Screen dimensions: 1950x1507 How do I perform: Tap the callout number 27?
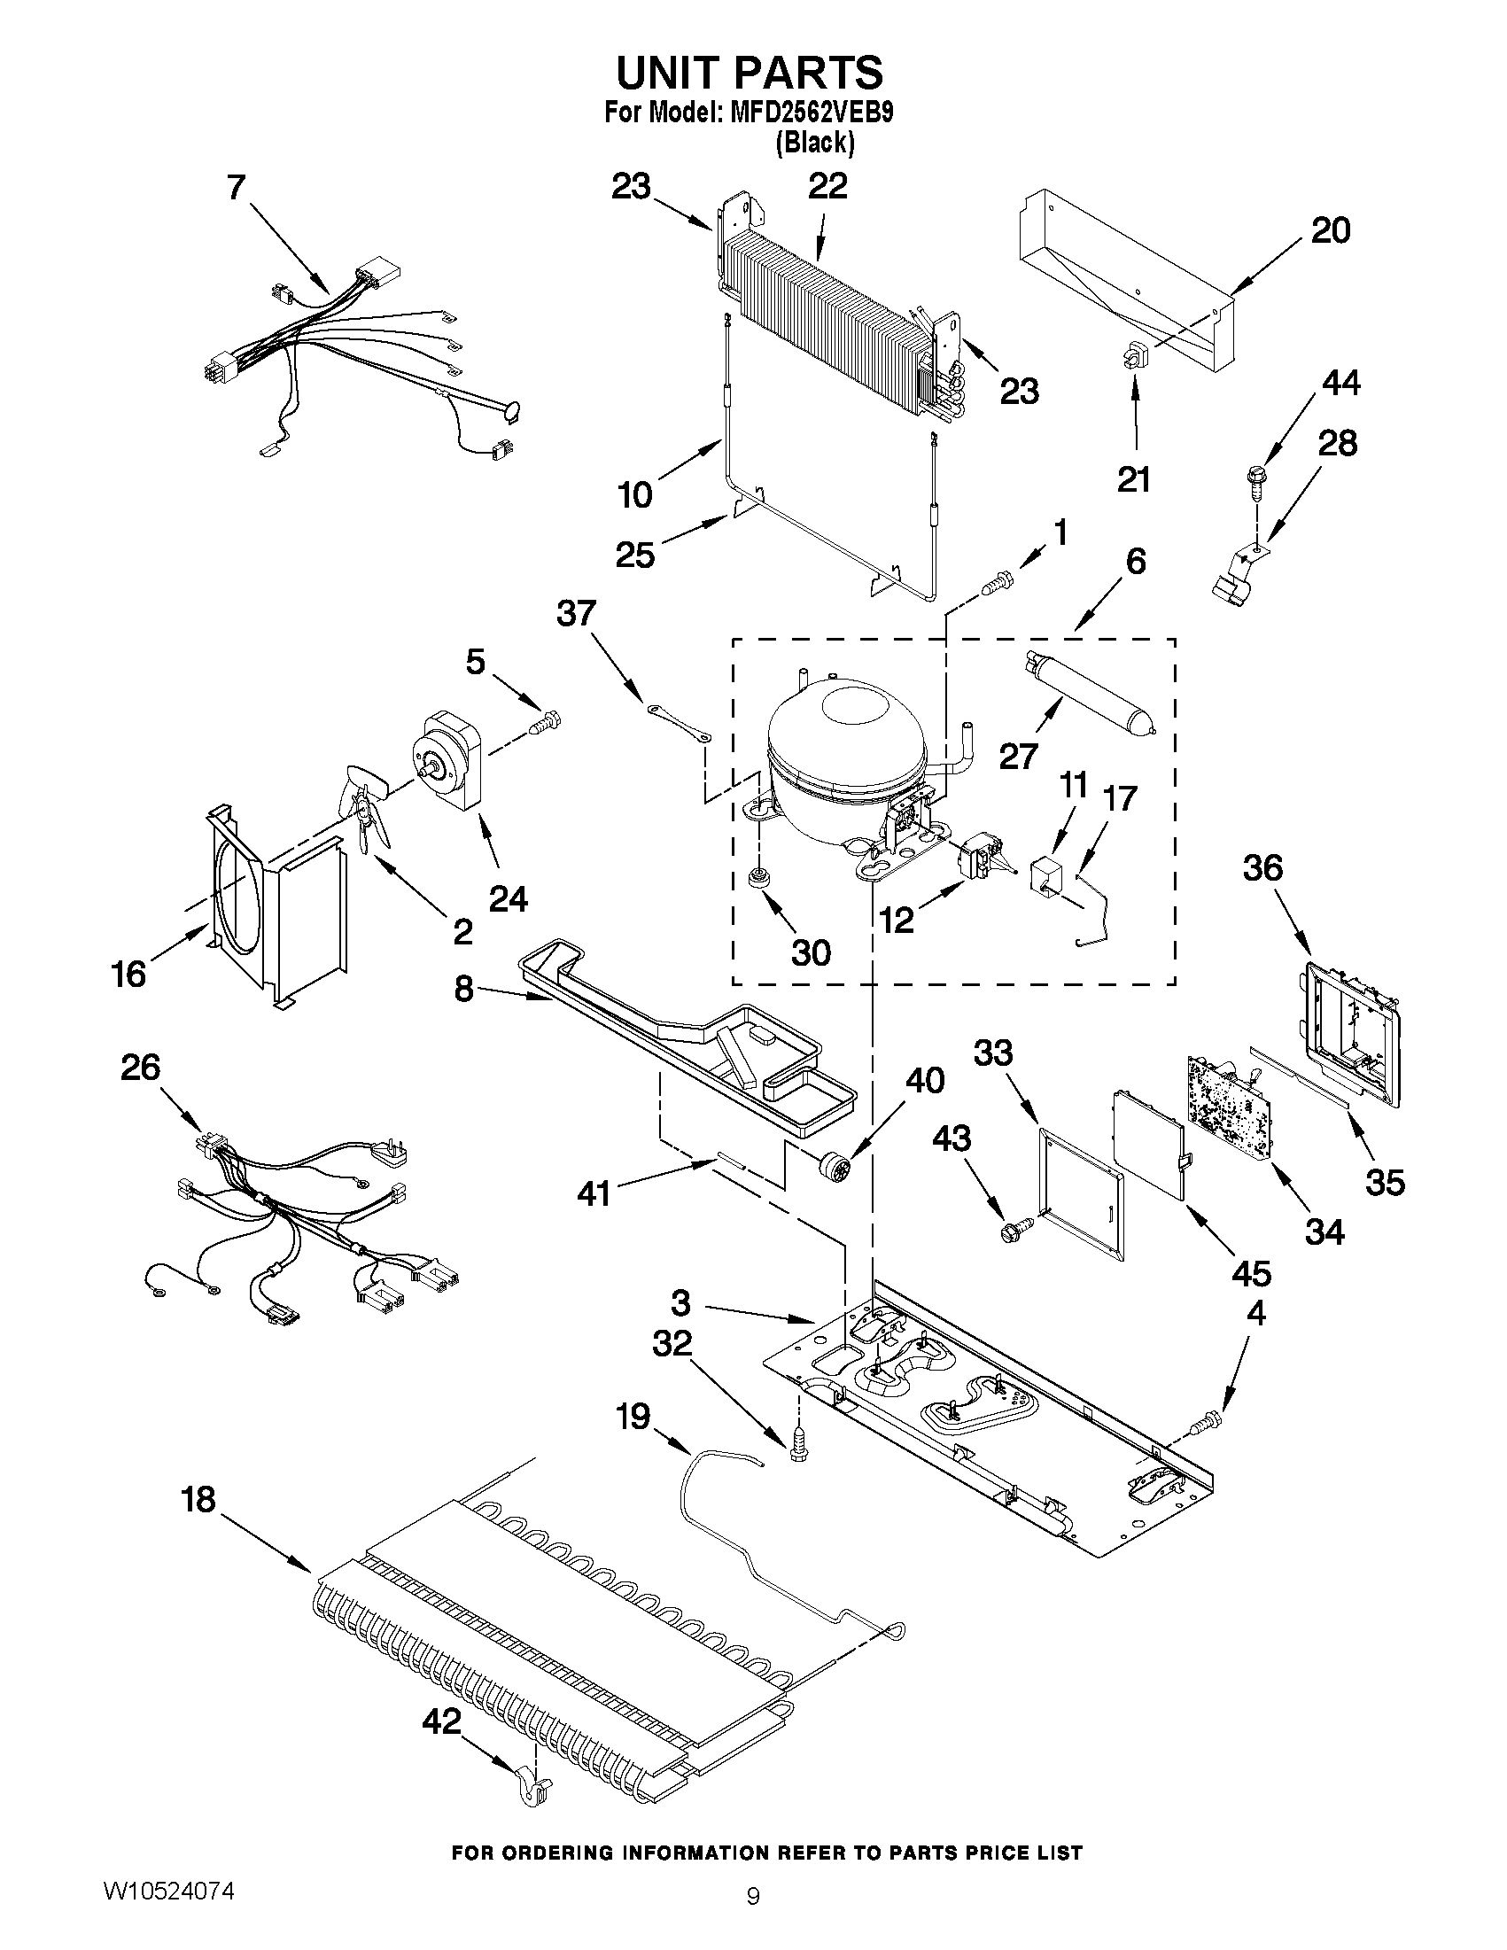click(1018, 757)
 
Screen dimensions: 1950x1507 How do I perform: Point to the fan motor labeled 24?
click(447, 760)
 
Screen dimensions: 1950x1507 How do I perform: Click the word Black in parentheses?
click(815, 142)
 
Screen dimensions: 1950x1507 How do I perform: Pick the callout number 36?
click(1262, 867)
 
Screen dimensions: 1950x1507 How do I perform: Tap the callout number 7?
click(235, 188)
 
